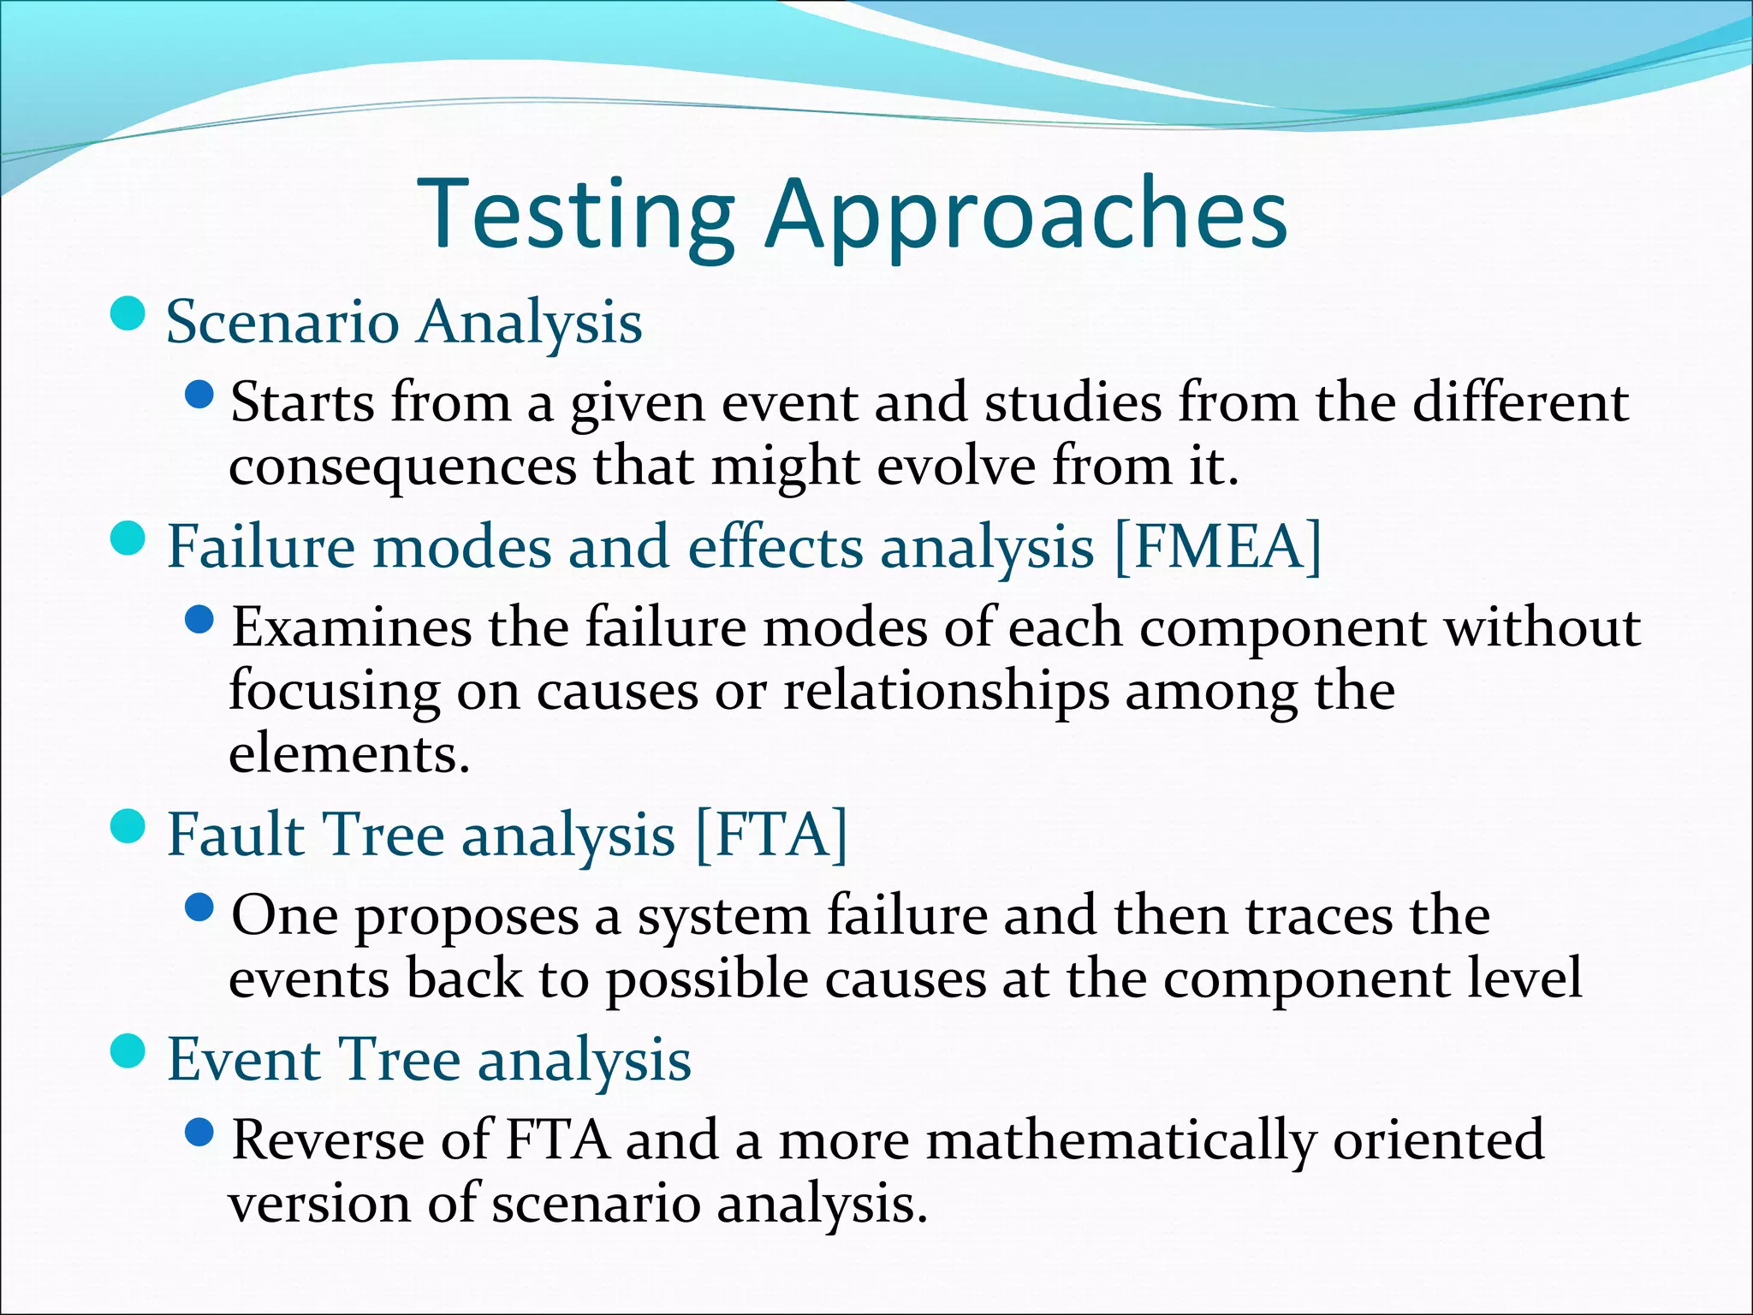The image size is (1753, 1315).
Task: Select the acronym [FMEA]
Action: coord(1218,547)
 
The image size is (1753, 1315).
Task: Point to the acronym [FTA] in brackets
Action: coord(771,835)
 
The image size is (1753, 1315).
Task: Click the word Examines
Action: coord(352,628)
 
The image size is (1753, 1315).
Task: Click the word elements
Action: coord(349,754)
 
